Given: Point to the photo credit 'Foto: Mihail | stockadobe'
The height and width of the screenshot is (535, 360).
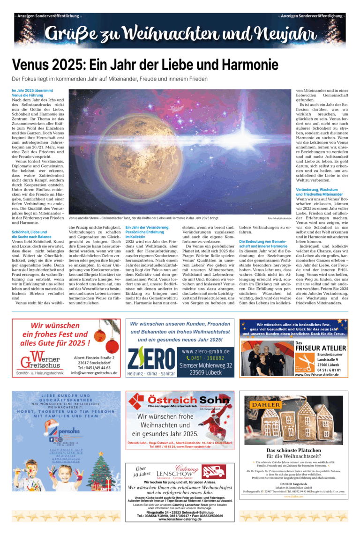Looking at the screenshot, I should [x=280, y=218].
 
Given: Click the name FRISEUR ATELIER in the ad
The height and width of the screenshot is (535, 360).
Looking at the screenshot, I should [x=321, y=348].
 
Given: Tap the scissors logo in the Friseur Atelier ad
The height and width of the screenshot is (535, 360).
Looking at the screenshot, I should [x=305, y=364].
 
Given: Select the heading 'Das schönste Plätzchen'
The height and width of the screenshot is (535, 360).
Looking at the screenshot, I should [x=294, y=451].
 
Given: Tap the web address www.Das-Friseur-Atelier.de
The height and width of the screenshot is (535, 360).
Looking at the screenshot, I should [x=321, y=375].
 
